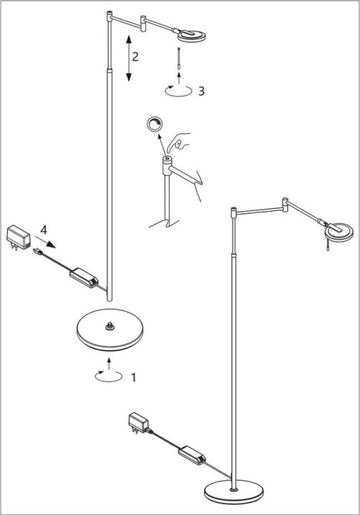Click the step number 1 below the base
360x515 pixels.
tap(133, 377)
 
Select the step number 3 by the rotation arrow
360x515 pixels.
tap(202, 91)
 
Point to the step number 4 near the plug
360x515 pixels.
tap(44, 230)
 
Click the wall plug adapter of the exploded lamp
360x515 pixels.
tap(17, 235)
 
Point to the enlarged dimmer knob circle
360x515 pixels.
tap(154, 124)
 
